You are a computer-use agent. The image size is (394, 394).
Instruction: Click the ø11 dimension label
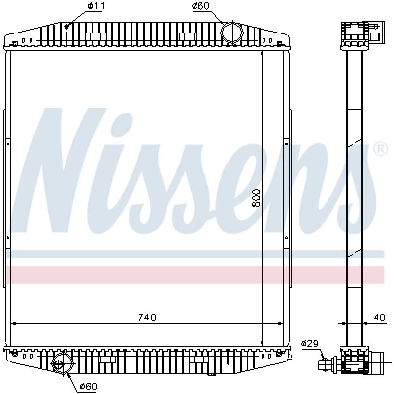[96, 5]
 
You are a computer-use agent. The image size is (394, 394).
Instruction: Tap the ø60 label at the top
[200, 5]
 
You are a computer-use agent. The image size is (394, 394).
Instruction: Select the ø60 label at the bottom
[89, 386]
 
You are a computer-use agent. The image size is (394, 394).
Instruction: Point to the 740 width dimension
[147, 318]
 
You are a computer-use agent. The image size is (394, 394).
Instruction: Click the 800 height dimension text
[256, 198]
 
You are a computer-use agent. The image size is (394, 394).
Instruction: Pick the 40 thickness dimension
[379, 318]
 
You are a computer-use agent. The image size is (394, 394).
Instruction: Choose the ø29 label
[310, 343]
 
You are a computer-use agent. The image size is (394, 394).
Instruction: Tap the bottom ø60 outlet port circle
[62, 364]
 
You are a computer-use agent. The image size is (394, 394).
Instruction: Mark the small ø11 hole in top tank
[67, 26]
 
